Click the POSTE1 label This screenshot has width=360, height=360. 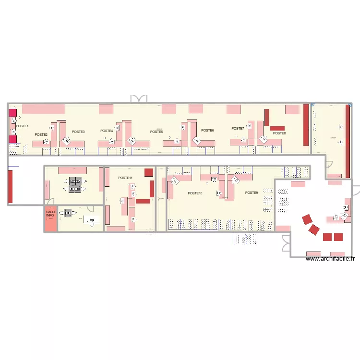(23, 126)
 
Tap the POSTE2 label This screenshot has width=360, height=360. (41, 135)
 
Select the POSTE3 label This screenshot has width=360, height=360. (78, 132)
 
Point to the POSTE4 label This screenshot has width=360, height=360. (107, 131)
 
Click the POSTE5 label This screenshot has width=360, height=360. (156, 132)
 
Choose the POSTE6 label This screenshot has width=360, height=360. (207, 131)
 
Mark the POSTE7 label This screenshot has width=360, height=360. (238, 129)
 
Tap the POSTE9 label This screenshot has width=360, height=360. (252, 192)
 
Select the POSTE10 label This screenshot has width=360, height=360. (195, 193)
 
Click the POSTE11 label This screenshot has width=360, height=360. (125, 178)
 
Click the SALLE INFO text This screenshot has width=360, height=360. (51, 214)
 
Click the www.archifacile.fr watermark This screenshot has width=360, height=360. (330, 259)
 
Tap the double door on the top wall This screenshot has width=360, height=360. (138, 99)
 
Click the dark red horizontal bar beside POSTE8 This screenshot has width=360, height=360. (278, 128)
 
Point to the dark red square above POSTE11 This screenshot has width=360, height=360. (149, 172)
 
